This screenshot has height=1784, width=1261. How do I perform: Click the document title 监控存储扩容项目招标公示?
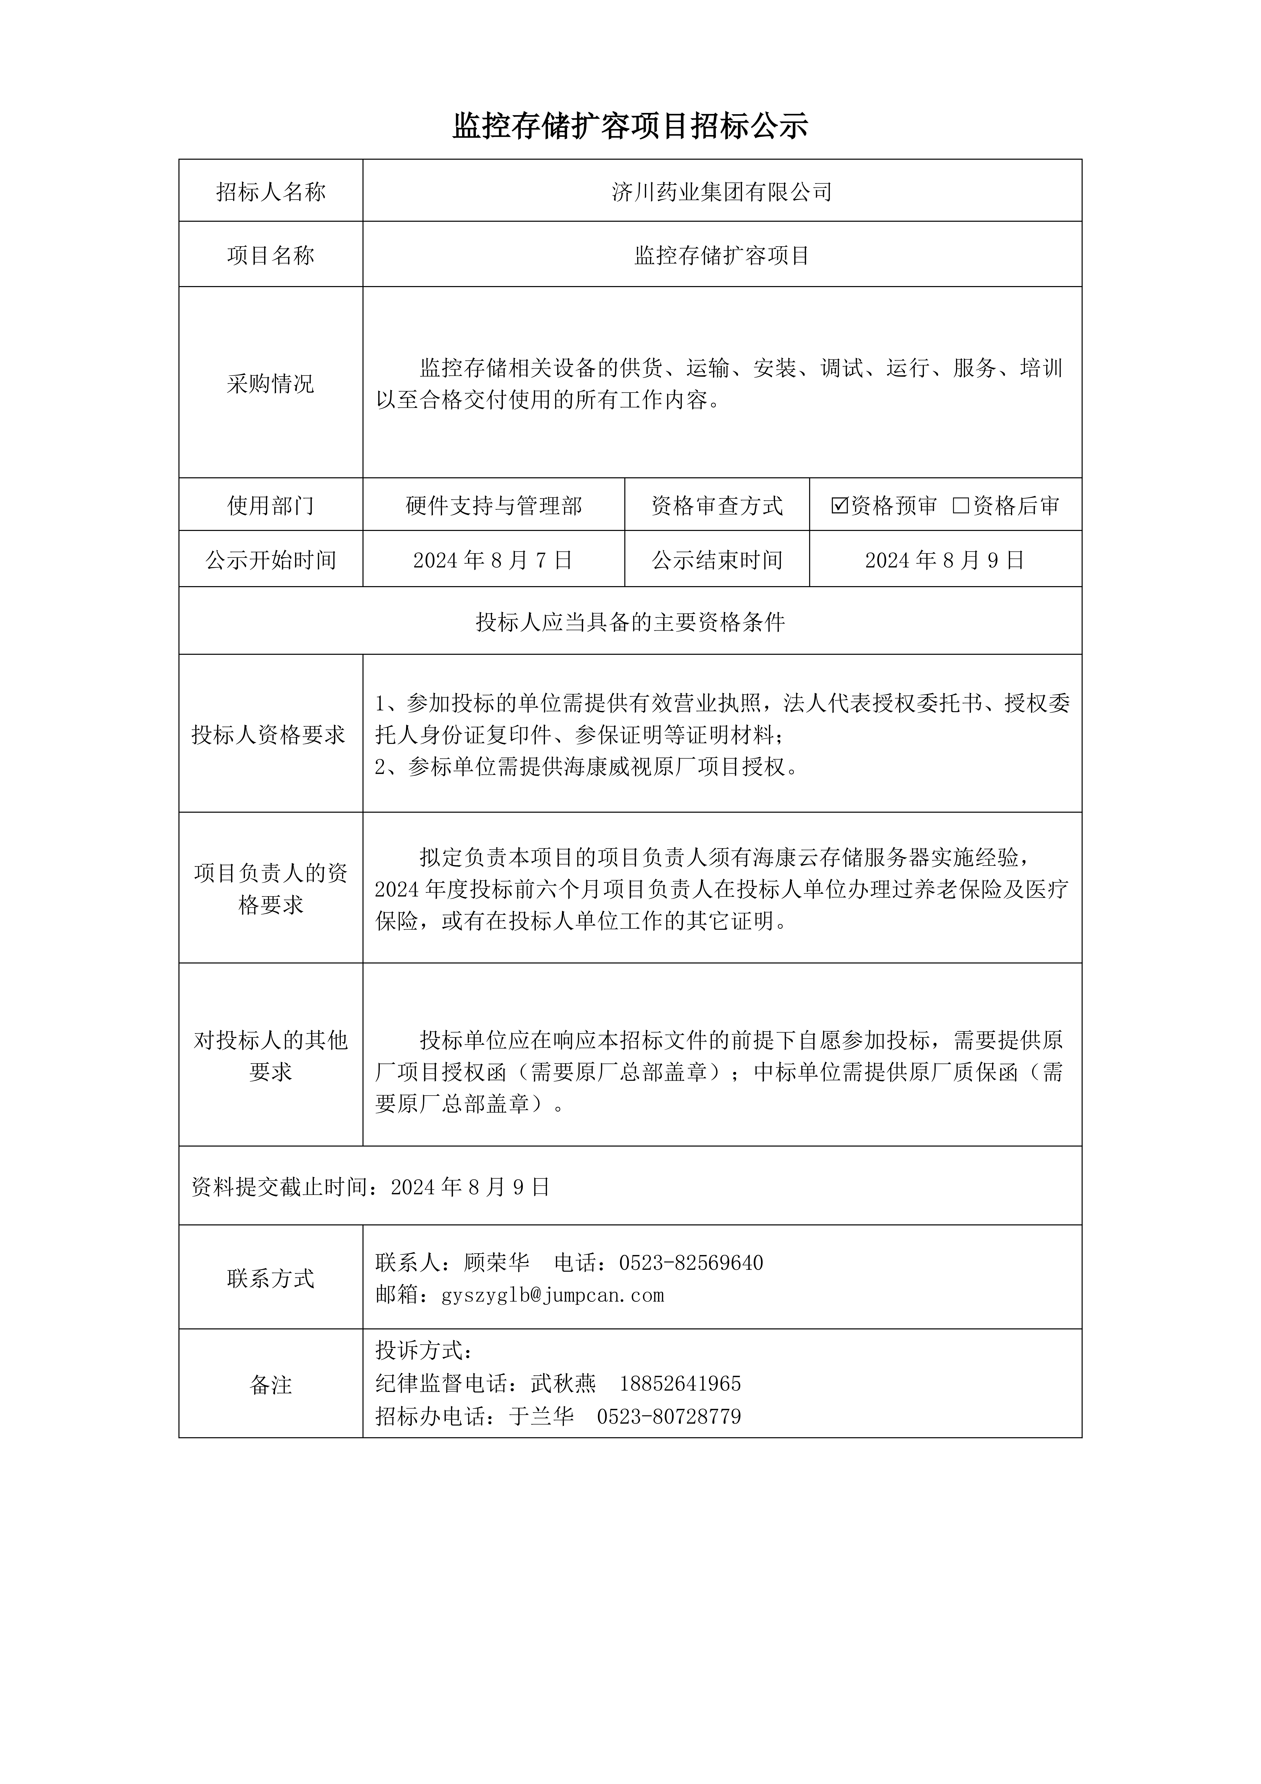click(x=630, y=126)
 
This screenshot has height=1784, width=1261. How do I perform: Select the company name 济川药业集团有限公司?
click(x=722, y=192)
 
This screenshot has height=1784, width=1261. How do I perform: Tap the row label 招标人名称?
click(x=270, y=192)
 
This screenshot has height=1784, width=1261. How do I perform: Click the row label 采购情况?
click(x=270, y=384)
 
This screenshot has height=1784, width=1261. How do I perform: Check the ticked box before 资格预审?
click(x=839, y=506)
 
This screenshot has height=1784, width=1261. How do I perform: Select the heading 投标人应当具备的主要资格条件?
click(x=630, y=622)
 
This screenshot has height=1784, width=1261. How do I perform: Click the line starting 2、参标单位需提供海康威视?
click(x=587, y=768)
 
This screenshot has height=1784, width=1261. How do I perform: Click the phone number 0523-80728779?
click(x=669, y=1417)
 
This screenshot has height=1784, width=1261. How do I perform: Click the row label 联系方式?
click(x=270, y=1278)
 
